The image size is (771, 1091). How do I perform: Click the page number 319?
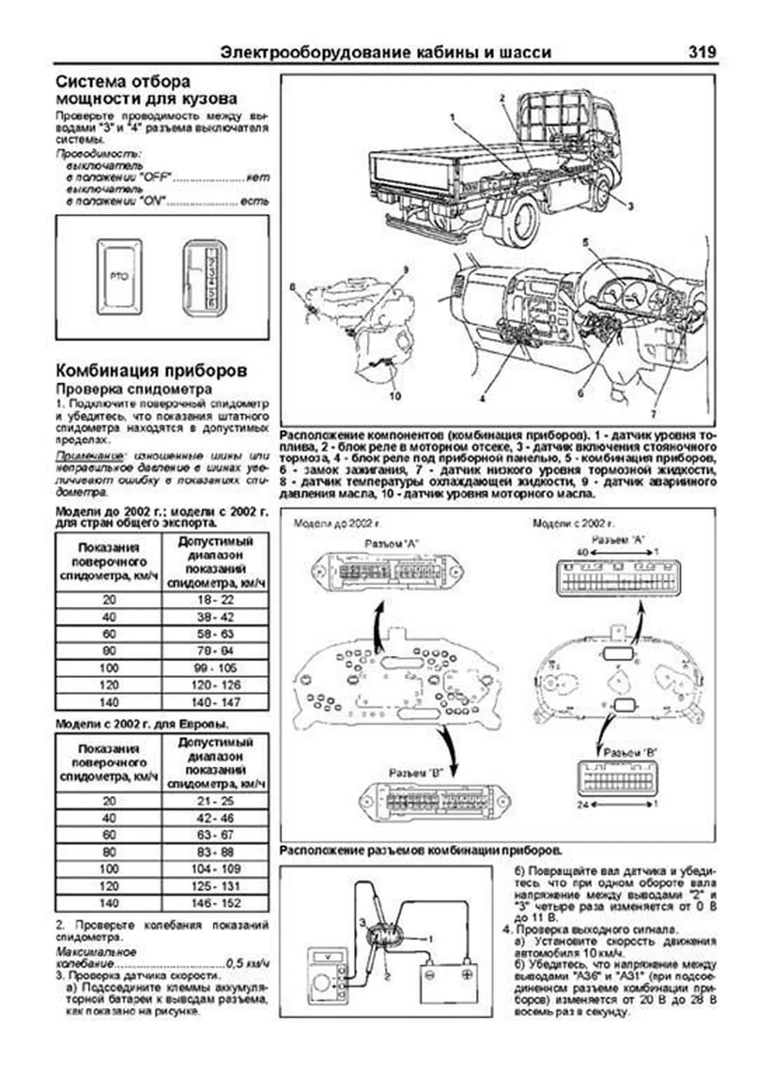[702, 53]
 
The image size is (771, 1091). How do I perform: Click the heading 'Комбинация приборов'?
[151, 371]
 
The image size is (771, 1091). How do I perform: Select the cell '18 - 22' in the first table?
[214, 600]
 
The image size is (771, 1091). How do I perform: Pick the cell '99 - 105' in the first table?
[214, 668]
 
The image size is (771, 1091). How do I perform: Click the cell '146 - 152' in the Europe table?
[215, 903]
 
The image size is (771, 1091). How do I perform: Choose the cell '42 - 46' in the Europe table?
[215, 818]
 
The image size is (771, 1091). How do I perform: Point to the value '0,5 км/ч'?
[247, 964]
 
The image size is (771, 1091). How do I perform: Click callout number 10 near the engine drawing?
[394, 396]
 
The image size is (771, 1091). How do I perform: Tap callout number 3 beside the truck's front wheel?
[630, 207]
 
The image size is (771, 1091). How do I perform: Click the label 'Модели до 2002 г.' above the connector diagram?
[337, 523]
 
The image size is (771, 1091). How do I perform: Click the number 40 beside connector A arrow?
[582, 552]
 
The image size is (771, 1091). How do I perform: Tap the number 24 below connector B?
[582, 804]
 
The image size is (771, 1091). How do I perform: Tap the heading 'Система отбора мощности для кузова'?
[146, 90]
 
